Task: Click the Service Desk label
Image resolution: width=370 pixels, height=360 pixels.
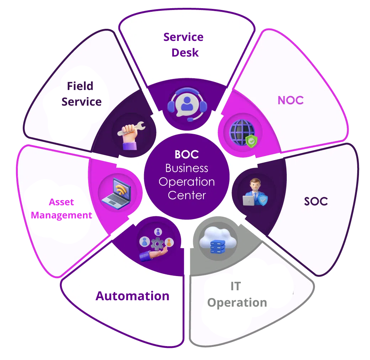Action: pyautogui.click(x=183, y=45)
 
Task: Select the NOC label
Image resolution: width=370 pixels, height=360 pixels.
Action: pyautogui.click(x=290, y=100)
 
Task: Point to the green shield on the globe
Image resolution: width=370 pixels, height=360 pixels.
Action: pyautogui.click(x=251, y=141)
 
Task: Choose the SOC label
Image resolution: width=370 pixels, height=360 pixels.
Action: pyautogui.click(x=316, y=201)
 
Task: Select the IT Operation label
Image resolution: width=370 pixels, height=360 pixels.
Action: pyautogui.click(x=237, y=295)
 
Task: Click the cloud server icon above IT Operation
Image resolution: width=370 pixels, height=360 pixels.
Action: pyautogui.click(x=217, y=240)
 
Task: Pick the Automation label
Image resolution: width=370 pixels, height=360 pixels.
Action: pyautogui.click(x=132, y=296)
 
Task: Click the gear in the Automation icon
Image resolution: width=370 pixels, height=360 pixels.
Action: pyautogui.click(x=157, y=244)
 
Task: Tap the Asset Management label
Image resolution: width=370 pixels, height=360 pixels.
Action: pyautogui.click(x=61, y=209)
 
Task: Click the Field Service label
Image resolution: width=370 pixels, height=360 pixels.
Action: pyautogui.click(x=81, y=94)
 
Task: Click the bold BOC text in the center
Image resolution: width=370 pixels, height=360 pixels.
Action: pyautogui.click(x=186, y=154)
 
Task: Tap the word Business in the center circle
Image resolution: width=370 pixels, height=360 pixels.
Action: pyautogui.click(x=186, y=168)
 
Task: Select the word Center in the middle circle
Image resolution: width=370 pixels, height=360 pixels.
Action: pyautogui.click(x=186, y=195)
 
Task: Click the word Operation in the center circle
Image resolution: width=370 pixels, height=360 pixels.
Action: pyautogui.click(x=186, y=181)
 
